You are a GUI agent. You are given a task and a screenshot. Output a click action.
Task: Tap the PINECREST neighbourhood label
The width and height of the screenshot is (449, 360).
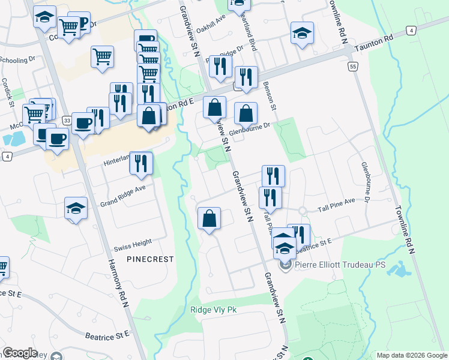[x=150, y=259]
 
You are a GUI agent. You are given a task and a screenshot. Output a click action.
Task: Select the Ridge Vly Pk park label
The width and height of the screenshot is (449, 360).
[x=209, y=310]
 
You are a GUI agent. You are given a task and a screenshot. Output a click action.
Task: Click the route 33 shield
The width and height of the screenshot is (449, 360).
[x=67, y=121]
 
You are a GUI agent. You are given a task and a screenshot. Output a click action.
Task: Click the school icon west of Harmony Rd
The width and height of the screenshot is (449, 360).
[x=76, y=208]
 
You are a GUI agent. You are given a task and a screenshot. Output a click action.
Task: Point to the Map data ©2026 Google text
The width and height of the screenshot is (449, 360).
[x=412, y=355]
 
